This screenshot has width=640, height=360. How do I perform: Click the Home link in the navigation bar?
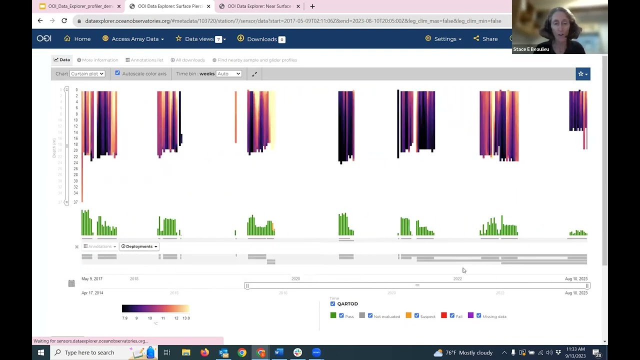(77, 39)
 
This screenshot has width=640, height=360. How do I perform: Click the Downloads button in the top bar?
(261, 39)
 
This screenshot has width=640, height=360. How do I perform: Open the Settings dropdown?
(443, 39)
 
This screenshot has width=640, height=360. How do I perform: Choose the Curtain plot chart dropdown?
(87, 74)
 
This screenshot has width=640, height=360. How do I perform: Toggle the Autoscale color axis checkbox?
(117, 73)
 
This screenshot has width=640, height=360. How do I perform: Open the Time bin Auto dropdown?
(228, 74)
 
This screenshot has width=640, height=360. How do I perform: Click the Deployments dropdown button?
(139, 246)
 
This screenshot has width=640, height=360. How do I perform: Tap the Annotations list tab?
(144, 60)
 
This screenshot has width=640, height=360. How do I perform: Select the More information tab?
(97, 60)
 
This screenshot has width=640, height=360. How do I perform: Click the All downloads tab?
(187, 60)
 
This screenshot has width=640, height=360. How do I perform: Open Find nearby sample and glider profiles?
(254, 60)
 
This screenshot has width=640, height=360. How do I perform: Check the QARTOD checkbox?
(333, 303)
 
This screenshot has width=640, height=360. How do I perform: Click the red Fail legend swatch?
(444, 315)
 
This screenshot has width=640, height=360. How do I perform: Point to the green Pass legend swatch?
(333, 315)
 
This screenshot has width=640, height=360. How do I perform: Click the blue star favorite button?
(582, 74)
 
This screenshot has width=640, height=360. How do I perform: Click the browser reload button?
(64, 21)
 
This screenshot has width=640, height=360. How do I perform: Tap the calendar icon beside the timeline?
(71, 283)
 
